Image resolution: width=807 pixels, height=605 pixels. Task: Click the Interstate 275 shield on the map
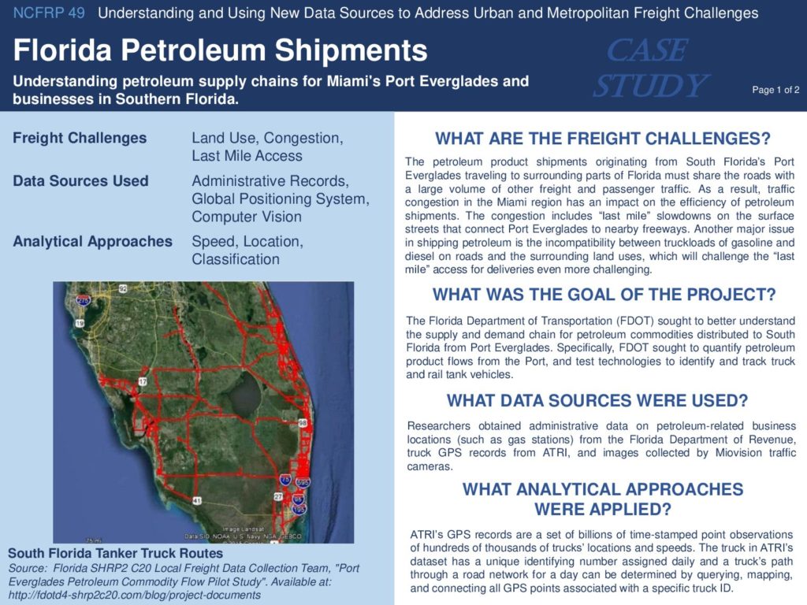(83, 300)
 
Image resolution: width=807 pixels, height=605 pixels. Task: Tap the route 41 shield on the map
(197, 500)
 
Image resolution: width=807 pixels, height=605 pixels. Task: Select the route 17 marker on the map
(143, 381)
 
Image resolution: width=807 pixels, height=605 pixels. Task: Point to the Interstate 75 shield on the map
(285, 480)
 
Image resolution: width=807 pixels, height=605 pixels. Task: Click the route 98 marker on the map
(303, 423)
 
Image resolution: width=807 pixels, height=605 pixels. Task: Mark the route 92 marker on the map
(122, 288)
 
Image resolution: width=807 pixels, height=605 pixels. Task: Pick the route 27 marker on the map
(278, 496)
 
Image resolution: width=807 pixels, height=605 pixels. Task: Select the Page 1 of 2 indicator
(775, 90)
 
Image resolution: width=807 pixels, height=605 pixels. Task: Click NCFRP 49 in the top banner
(49, 13)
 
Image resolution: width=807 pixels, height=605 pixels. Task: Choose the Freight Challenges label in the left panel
(80, 138)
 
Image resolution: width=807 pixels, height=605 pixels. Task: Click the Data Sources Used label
(81, 181)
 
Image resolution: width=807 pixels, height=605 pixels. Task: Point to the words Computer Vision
(247, 217)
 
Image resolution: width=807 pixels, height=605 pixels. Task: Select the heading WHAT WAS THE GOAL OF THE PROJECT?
(604, 295)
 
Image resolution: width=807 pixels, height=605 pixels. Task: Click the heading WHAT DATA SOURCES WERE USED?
(597, 400)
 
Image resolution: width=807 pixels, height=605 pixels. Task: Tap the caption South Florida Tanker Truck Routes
(115, 554)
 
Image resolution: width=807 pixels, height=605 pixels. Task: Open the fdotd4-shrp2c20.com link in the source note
(134, 596)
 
